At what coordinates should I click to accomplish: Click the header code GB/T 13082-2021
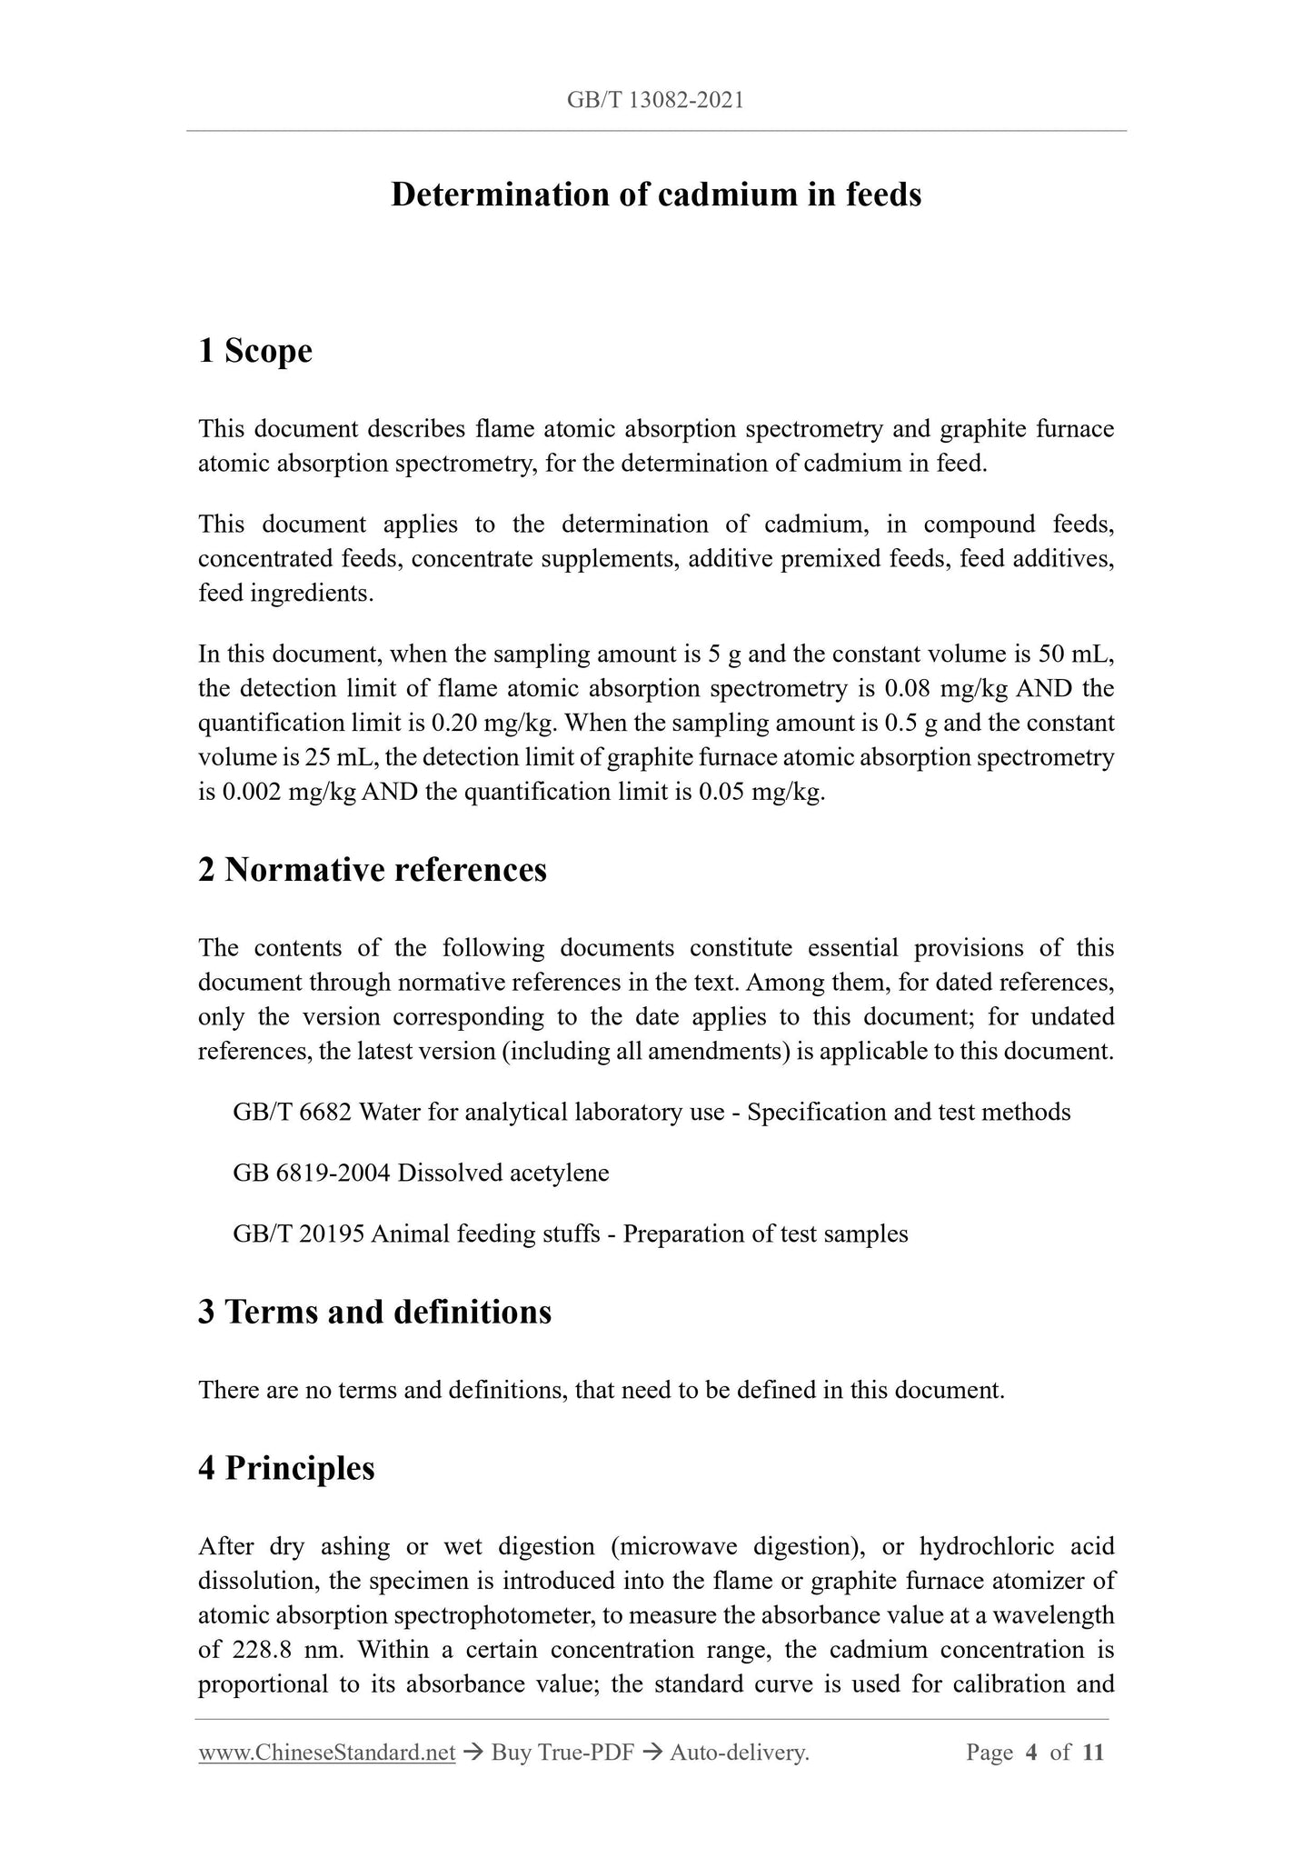point(655,100)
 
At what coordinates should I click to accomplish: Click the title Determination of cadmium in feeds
point(656,195)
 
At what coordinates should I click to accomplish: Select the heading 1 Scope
point(255,351)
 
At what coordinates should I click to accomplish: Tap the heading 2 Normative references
point(373,870)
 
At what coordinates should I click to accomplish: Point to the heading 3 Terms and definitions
point(374,1312)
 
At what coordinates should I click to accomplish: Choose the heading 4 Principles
point(286,1468)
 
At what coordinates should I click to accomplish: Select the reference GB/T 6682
point(292,1113)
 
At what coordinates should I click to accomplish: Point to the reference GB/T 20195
point(299,1234)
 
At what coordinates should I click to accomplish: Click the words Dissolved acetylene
point(503,1173)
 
